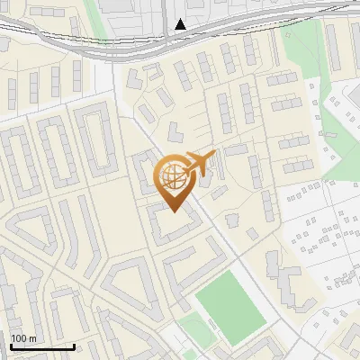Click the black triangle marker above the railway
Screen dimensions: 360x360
click(181, 24)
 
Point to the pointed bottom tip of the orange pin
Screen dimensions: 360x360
click(174, 211)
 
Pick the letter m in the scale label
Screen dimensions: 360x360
click(33, 338)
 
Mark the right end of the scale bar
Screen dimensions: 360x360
click(74, 346)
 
